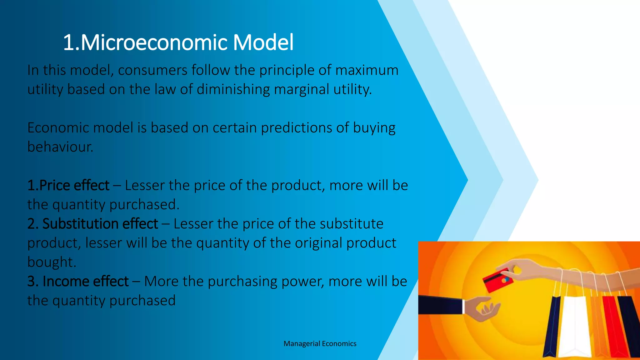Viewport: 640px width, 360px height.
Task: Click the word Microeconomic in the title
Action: pos(154,42)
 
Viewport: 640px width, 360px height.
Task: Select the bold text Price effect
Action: pos(74,185)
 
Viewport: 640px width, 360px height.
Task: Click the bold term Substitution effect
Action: pos(100,224)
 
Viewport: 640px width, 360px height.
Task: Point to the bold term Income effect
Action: pos(85,281)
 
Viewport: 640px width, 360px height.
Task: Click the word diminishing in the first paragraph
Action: pos(233,89)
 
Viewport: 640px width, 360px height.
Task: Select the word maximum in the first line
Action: pos(367,70)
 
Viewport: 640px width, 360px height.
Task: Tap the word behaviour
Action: pos(60,147)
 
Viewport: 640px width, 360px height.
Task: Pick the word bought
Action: pos(52,262)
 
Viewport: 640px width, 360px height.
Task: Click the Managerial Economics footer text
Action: pos(320,344)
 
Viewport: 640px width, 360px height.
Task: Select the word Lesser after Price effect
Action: pos(145,185)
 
